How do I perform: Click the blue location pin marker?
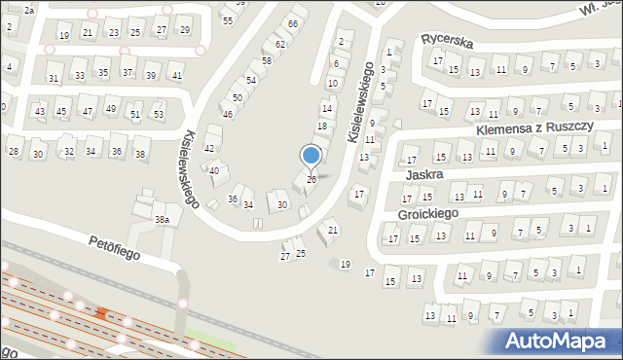(x=311, y=156)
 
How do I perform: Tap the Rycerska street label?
(x=447, y=41)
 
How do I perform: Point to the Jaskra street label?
(x=425, y=174)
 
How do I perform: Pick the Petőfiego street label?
(x=116, y=246)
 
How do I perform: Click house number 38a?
(x=163, y=221)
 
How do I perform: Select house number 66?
(x=292, y=22)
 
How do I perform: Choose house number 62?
(x=280, y=44)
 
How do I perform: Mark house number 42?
(x=208, y=147)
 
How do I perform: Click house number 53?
(x=158, y=115)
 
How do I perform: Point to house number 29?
(x=185, y=31)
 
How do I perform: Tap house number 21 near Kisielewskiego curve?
(x=333, y=230)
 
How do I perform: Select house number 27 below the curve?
(x=285, y=256)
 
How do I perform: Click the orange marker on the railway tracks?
(x=102, y=312)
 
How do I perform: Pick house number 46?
(x=228, y=115)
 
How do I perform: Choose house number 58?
(x=266, y=61)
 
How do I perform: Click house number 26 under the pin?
(x=311, y=179)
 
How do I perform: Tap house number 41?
(x=176, y=75)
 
